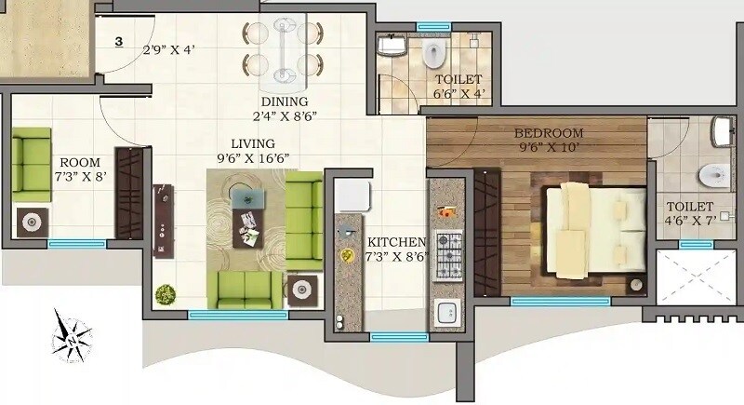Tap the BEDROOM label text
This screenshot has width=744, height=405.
(x=549, y=133)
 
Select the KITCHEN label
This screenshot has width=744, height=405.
(x=395, y=241)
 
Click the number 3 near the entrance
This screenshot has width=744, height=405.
(x=119, y=41)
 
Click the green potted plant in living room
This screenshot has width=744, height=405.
(x=165, y=293)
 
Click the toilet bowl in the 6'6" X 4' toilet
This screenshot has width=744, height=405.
(x=432, y=56)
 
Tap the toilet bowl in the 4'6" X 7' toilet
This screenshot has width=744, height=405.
(x=712, y=173)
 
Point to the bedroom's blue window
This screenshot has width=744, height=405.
(x=560, y=302)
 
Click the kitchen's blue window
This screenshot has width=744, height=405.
(x=392, y=337)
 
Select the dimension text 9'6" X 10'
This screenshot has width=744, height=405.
(x=549, y=146)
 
